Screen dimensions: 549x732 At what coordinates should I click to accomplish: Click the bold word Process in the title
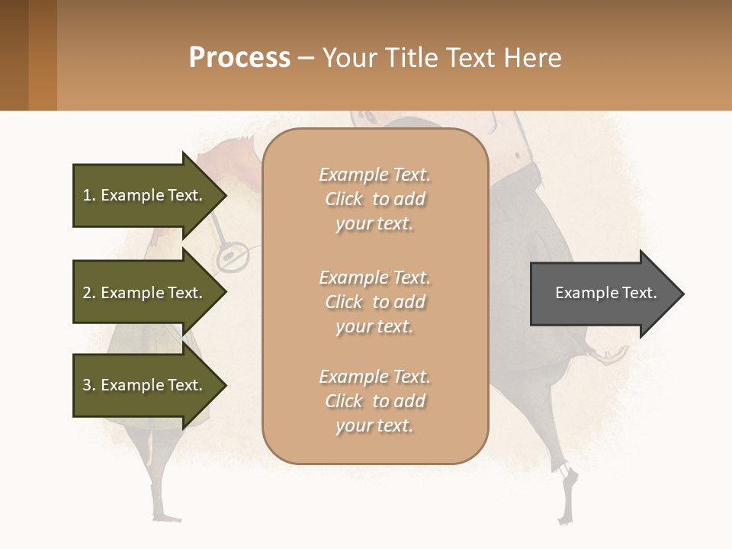point(239,58)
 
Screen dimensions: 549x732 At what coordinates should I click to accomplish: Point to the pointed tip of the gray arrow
point(682,294)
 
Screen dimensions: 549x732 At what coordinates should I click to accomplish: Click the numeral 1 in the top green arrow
point(87,195)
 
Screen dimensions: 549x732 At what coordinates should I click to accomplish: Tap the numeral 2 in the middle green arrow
point(87,293)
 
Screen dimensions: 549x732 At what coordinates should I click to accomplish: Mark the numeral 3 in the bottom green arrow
point(87,385)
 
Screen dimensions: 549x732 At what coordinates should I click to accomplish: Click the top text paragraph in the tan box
point(374,199)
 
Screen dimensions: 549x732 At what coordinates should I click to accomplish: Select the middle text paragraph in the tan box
point(374,302)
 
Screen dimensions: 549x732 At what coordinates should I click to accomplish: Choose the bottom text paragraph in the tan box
point(374,401)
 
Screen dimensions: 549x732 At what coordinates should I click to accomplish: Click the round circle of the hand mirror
point(231,258)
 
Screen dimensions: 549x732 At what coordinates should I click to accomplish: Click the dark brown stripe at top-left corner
point(14,55)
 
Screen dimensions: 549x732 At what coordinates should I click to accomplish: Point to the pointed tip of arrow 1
point(226,195)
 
